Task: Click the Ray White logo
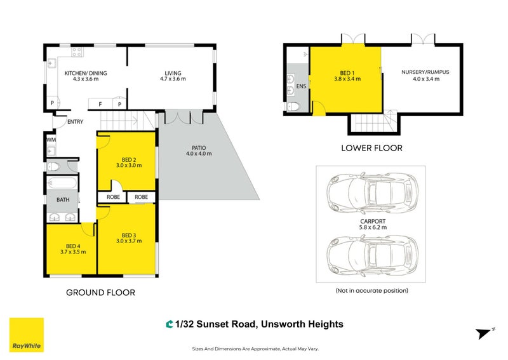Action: pyautogui.click(x=25, y=335)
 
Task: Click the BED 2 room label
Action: pyautogui.click(x=129, y=159)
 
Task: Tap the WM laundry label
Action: pyautogui.click(x=50, y=139)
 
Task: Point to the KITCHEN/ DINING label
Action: pyautogui.click(x=85, y=73)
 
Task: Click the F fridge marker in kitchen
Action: pyautogui.click(x=100, y=103)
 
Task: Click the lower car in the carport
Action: pyautogui.click(x=371, y=254)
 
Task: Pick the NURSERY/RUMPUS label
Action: pyautogui.click(x=425, y=72)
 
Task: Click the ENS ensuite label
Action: pyautogui.click(x=302, y=86)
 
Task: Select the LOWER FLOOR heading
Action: pyautogui.click(x=371, y=148)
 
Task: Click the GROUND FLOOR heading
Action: pyautogui.click(x=100, y=293)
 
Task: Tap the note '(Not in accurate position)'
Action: pyautogui.click(x=371, y=290)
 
